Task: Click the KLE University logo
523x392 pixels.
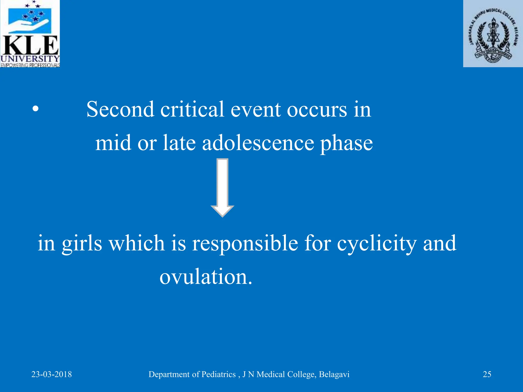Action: [x=30, y=34]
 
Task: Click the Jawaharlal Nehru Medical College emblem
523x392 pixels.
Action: [x=493, y=34]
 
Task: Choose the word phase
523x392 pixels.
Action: [x=347, y=144]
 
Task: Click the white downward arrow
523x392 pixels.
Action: [x=222, y=188]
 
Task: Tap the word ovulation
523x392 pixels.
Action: [x=206, y=277]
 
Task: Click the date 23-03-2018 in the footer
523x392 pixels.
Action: [x=52, y=374]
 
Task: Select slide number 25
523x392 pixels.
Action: [x=487, y=374]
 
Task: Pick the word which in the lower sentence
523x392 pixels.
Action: [x=137, y=243]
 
